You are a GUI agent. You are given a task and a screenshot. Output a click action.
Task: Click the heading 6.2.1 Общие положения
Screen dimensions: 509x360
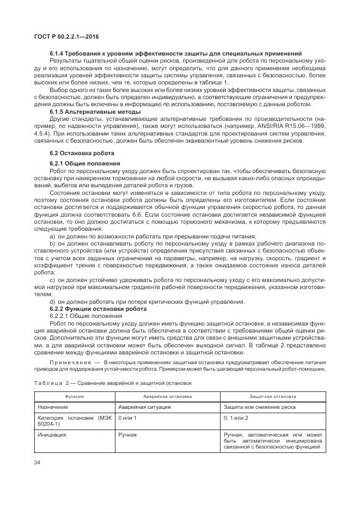click(x=82, y=163)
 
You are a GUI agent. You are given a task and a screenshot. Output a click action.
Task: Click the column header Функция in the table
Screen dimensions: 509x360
click(x=74, y=397)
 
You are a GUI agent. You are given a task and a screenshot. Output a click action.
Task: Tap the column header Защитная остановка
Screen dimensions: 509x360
click(x=273, y=397)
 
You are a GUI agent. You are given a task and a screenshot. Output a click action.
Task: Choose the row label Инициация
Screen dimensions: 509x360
click(x=52, y=435)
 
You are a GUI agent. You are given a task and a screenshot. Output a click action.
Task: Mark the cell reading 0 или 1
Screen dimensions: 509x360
click(x=127, y=418)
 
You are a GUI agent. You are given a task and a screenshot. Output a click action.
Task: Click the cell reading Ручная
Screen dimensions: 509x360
click(x=127, y=435)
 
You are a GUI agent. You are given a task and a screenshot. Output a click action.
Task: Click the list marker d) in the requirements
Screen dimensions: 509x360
click(x=52, y=302)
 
